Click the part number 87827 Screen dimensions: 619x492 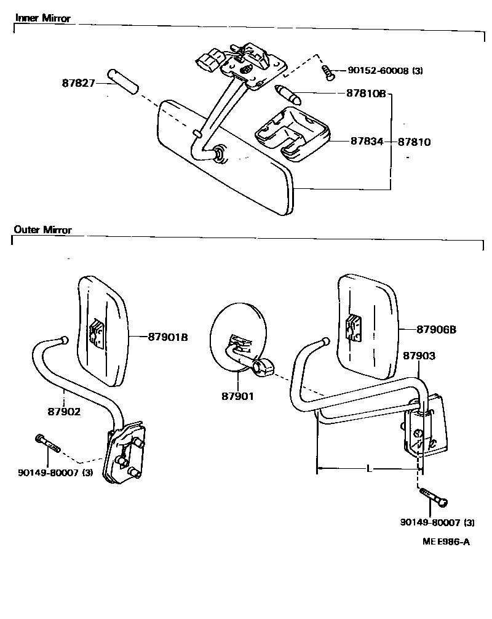[x=79, y=82]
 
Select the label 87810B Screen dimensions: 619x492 [x=362, y=94]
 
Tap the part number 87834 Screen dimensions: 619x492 [x=367, y=142]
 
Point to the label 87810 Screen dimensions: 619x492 [x=414, y=142]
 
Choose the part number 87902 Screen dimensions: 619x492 [x=63, y=412]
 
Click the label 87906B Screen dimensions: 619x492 [x=436, y=330]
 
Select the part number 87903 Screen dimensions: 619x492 [x=419, y=356]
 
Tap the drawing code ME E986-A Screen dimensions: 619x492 [x=446, y=541]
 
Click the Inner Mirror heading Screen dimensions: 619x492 [x=42, y=18]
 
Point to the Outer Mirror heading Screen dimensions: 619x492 [x=42, y=230]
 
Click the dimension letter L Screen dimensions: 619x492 [x=368, y=469]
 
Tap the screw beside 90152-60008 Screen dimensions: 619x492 [x=329, y=73]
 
